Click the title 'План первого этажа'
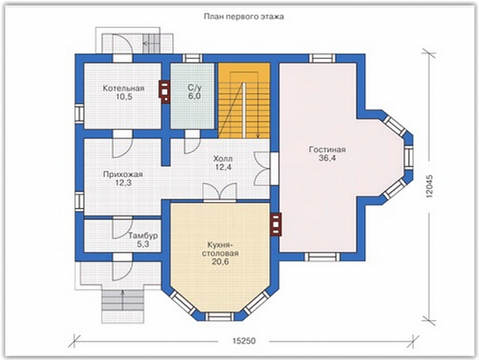[x=244, y=17]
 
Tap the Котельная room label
[x=123, y=88]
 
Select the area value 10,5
[x=124, y=98]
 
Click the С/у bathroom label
[x=195, y=88]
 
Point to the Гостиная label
[x=327, y=150]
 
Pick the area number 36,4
[x=327, y=158]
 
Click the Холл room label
[x=223, y=159]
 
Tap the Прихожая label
[x=123, y=175]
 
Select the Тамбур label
[x=143, y=236]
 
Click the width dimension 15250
[x=244, y=341]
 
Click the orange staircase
[x=244, y=101]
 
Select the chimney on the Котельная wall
[x=165, y=92]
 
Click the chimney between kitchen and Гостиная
[x=276, y=225]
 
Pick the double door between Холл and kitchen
[x=220, y=192]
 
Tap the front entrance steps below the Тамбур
[x=122, y=306]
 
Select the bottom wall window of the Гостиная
[x=322, y=256]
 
